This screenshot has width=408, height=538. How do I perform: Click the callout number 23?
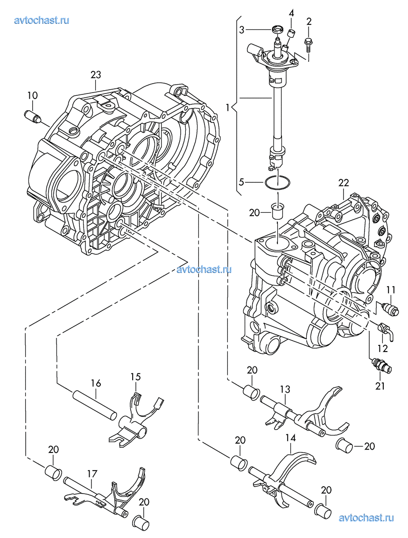(96, 74)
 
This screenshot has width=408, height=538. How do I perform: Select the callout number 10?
(33, 95)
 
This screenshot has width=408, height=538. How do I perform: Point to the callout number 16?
(96, 383)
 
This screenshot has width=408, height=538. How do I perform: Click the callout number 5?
(241, 182)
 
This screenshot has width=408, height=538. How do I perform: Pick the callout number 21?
(380, 386)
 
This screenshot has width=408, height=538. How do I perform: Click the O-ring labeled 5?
(277, 182)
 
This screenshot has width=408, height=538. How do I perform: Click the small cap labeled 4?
(291, 34)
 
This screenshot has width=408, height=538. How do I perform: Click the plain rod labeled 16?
(95, 404)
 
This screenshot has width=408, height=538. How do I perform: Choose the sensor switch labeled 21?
(381, 365)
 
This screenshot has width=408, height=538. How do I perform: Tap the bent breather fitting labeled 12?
(386, 330)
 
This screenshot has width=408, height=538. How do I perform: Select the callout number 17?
(92, 474)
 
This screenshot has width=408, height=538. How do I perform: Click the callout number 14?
(290, 438)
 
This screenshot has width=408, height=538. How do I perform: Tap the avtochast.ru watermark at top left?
(42, 20)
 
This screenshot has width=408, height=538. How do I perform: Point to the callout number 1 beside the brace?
(227, 108)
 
